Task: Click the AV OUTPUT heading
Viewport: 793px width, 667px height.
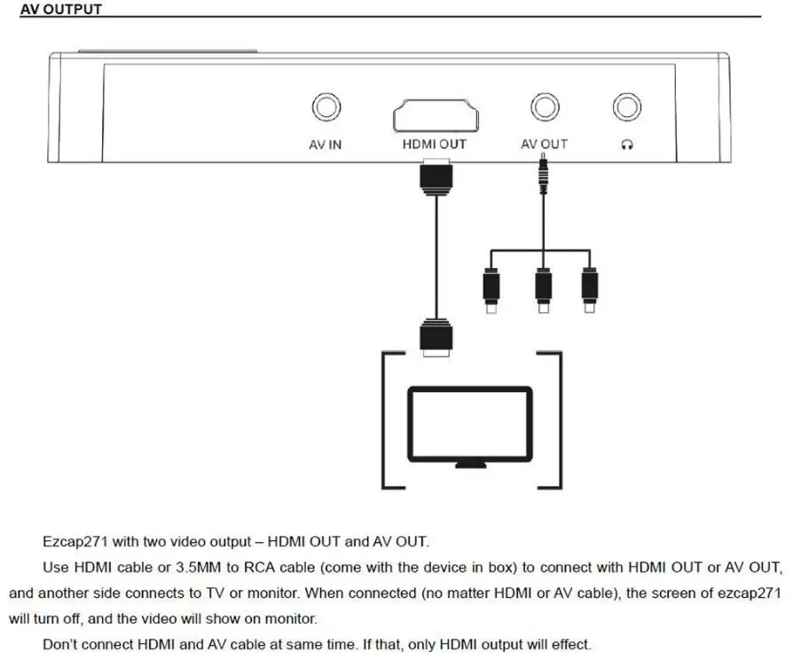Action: tap(60, 10)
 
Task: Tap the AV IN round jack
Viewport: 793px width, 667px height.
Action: tap(326, 108)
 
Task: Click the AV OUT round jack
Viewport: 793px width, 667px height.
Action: tap(544, 108)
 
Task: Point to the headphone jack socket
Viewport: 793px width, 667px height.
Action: tap(627, 108)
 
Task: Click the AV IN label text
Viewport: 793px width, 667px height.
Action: tap(326, 144)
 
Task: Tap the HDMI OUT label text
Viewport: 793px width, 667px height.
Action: tap(435, 144)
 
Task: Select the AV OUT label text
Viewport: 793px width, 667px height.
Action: tap(544, 144)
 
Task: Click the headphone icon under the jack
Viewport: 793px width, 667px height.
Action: tap(627, 145)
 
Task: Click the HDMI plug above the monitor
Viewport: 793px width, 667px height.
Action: tap(436, 337)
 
